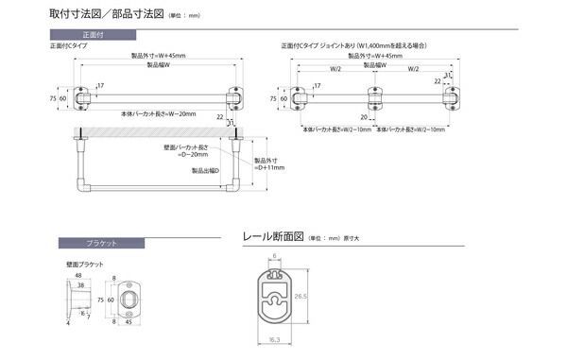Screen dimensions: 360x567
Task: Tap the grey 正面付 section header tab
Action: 96,36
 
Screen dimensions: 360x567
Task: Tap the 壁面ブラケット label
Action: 85,264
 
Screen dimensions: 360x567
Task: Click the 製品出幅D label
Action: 205,171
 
